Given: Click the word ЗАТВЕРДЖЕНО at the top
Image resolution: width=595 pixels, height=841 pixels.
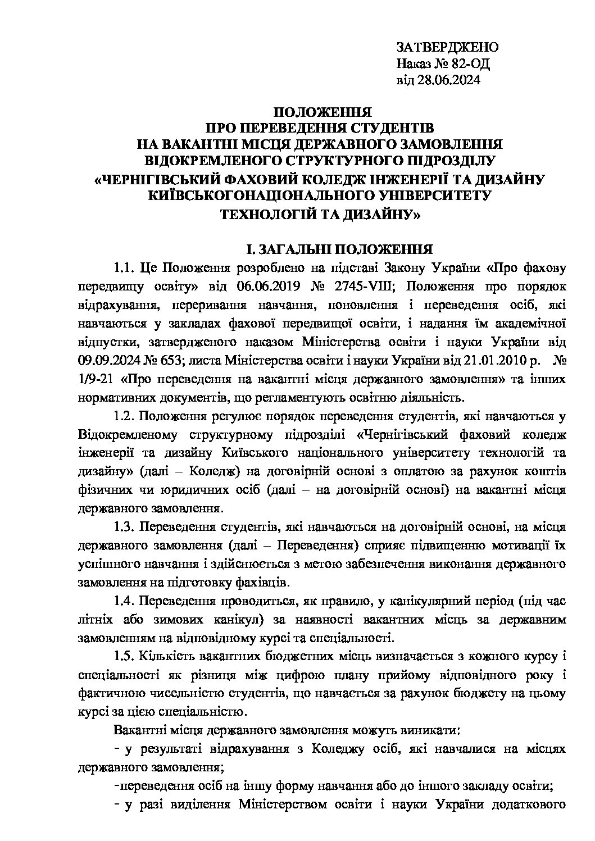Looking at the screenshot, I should pos(447,47).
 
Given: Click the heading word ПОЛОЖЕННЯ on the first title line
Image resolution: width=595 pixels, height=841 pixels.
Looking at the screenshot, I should pos(318,111).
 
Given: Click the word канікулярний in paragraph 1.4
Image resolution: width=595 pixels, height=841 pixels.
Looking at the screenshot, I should pos(433,601).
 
